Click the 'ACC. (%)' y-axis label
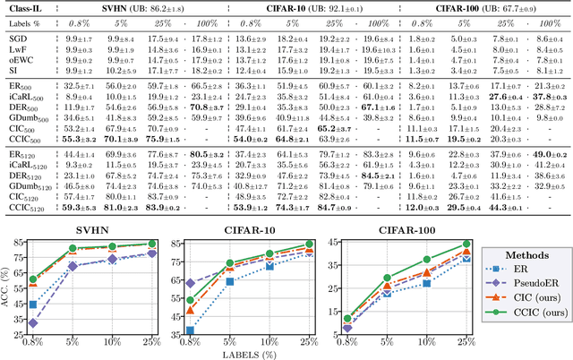pos(12,287)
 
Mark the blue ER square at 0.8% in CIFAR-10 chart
pos(189,330)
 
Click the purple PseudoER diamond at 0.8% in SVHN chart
pos(35,322)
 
